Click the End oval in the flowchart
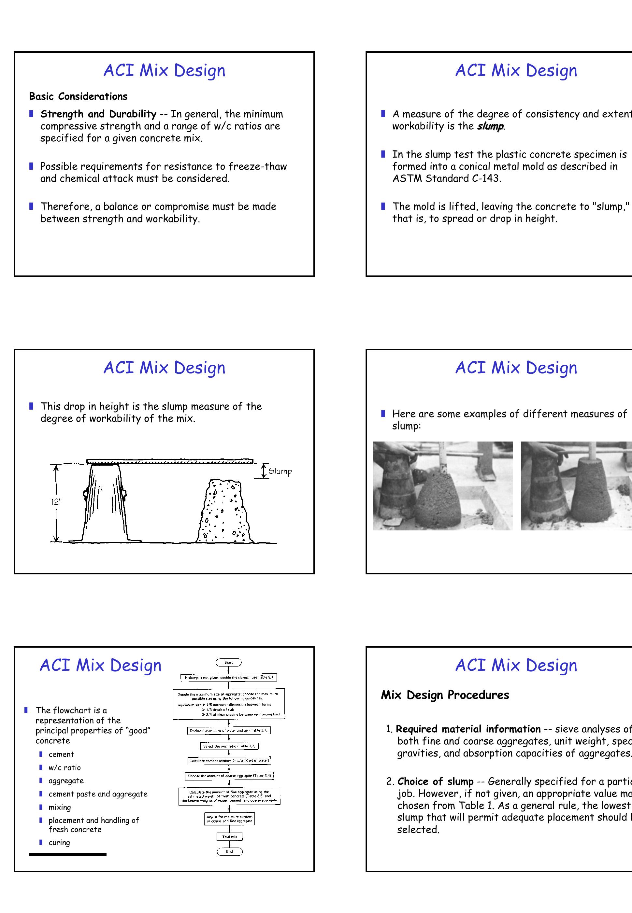click(229, 851)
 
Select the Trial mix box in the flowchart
click(229, 836)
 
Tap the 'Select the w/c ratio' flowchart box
click(229, 746)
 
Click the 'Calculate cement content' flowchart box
click(229, 761)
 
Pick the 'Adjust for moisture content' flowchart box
click(229, 819)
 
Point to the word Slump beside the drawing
click(280, 471)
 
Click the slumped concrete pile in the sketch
click(224, 513)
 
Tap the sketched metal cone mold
click(105, 503)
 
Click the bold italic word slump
click(490, 126)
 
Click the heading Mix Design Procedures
click(445, 695)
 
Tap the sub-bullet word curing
click(59, 843)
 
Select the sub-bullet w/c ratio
click(65, 768)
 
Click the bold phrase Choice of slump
click(435, 781)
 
